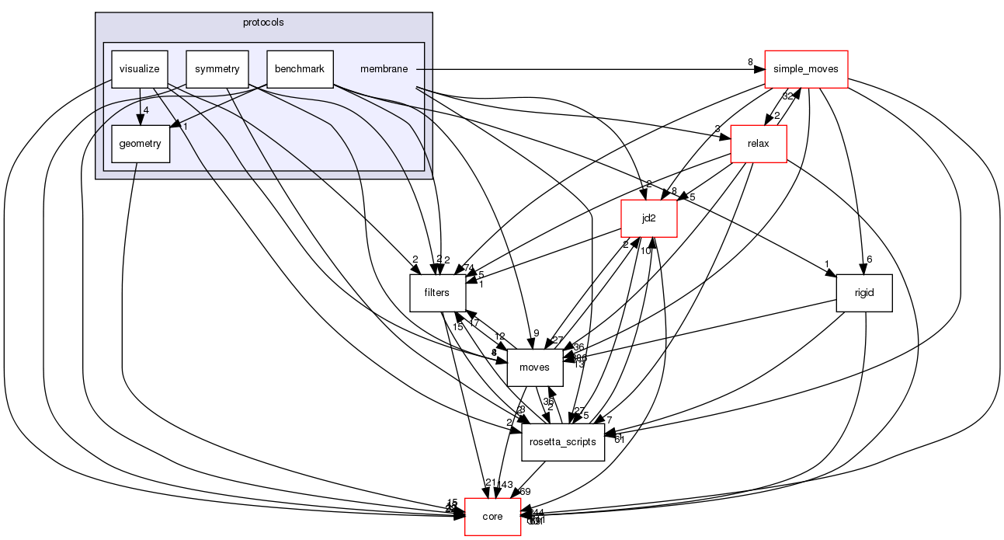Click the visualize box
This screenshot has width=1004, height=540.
(140, 69)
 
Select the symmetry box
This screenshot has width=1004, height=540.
(217, 69)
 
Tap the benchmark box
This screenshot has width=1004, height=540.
(300, 69)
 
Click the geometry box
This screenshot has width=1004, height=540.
(141, 144)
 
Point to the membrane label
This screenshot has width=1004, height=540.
(384, 69)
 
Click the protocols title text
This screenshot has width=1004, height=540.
(263, 23)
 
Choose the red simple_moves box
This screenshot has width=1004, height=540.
(806, 69)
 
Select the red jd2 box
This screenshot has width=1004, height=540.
(649, 218)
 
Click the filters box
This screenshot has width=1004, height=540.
(438, 293)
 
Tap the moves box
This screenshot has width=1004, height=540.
(534, 367)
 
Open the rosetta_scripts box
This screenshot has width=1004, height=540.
(563, 441)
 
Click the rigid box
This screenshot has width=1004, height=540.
(863, 293)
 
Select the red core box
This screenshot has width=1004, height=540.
(492, 516)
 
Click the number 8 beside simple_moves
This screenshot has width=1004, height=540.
(750, 62)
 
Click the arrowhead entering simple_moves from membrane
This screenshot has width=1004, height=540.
(759, 69)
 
